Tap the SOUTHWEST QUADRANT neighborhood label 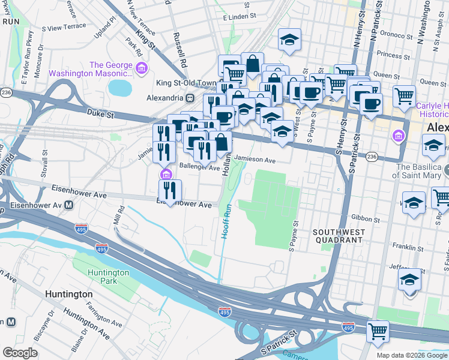click(x=337, y=235)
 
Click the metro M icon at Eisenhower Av click(x=69, y=205)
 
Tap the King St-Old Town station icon click(x=190, y=98)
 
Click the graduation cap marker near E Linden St click(x=289, y=40)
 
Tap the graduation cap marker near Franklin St click(x=410, y=280)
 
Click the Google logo click(x=20, y=353)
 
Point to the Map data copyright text click(x=411, y=355)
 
